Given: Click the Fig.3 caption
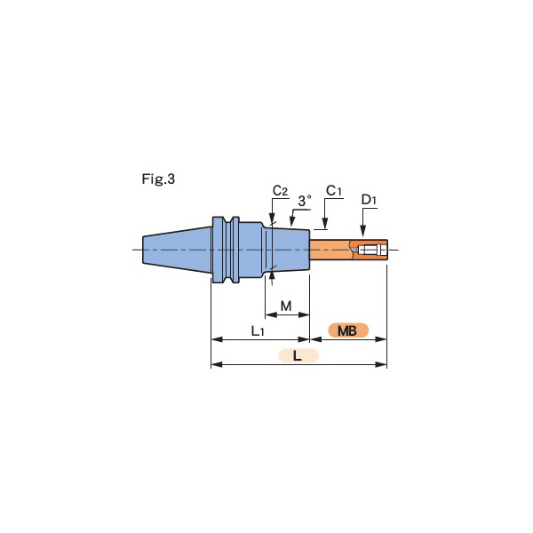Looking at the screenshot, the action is click(158, 179).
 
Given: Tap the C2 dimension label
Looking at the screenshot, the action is click(280, 191).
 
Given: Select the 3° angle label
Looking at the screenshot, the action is click(305, 201).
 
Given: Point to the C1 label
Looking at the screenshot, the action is click(333, 191).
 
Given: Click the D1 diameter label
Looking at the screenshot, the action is click(369, 200).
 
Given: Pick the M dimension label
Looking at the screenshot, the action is click(286, 306).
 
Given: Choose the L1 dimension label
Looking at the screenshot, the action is click(258, 330).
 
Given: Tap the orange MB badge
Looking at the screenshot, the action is click(348, 330).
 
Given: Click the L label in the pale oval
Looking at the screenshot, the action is click(298, 356).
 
